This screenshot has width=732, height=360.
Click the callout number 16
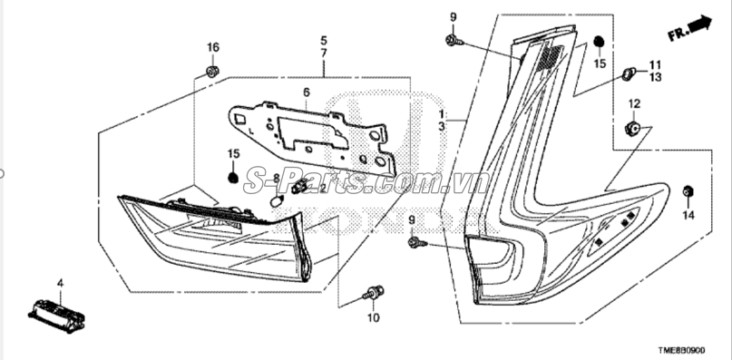[213, 47]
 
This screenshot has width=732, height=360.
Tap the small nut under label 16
[213, 72]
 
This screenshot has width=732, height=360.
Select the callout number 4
[60, 283]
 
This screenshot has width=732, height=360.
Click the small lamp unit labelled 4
[56, 316]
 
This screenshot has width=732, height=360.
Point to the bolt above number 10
[374, 292]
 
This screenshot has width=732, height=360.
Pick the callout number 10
[374, 318]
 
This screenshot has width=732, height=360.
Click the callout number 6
[307, 92]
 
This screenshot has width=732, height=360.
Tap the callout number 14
[688, 215]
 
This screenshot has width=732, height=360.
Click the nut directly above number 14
[688, 191]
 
